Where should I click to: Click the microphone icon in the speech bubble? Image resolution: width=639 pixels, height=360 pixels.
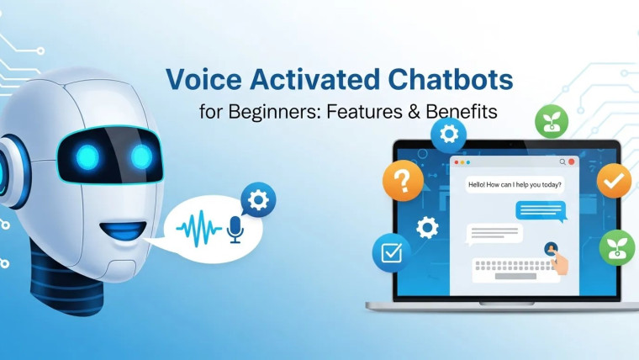coord(235,228)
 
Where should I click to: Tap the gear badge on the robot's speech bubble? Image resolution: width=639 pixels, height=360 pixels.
coord(259,200)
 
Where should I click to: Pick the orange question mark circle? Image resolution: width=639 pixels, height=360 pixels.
coord(402,180)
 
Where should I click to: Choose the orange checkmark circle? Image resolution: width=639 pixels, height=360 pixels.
coord(614,181)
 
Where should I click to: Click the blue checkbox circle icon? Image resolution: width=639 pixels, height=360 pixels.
coord(391,252)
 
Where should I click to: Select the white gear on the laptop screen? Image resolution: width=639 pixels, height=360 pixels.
coord(427,227)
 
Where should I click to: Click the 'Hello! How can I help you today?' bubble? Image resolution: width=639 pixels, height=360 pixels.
coord(516,185)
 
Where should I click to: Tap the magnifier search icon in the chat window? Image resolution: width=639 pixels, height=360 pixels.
coord(562,161)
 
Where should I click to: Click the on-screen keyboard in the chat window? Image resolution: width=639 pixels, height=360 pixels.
coord(515,268)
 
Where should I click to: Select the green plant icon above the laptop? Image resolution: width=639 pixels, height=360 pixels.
coord(552,122)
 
